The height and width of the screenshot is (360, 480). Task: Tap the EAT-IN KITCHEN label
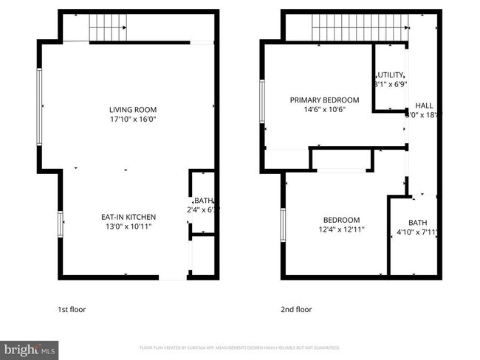(128, 217)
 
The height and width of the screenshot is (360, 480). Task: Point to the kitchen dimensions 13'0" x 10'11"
(128, 226)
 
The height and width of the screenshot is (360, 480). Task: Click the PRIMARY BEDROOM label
(324, 100)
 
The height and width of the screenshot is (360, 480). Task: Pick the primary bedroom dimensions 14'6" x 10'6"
(324, 109)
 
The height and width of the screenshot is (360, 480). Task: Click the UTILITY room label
(391, 75)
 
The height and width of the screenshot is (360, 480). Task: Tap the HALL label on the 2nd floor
(424, 105)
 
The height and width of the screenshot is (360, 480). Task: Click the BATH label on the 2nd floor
(417, 224)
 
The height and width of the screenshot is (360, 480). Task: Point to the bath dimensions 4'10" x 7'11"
(417, 233)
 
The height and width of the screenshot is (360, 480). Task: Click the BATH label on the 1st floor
(202, 201)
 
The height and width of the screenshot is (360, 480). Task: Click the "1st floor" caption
(72, 309)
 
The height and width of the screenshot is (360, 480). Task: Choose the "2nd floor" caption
(295, 309)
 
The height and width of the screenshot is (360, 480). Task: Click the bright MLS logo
(29, 347)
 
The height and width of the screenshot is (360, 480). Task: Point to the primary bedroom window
(262, 101)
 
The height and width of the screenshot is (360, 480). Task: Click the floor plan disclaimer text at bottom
(239, 347)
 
